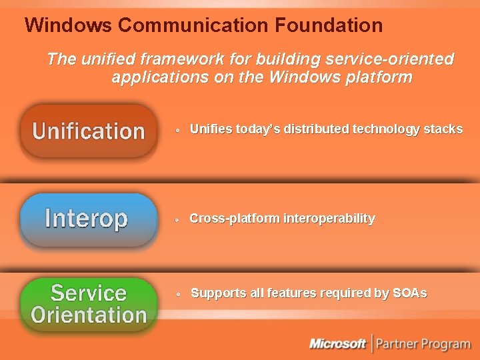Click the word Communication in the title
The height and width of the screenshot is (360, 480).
click(x=193, y=25)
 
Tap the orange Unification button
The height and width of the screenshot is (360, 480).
click(x=88, y=131)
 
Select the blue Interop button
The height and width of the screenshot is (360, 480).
click(x=87, y=219)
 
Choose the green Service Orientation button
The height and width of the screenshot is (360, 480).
click(x=88, y=303)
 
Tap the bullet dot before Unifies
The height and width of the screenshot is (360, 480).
click(x=178, y=131)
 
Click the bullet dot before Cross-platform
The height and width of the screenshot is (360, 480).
click(x=178, y=220)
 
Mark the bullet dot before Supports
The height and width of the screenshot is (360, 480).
click(x=178, y=295)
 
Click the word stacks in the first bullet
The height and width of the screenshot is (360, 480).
click(x=443, y=129)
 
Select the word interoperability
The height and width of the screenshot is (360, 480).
click(x=329, y=219)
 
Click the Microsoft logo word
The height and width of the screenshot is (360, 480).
click(x=338, y=344)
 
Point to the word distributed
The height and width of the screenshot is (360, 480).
click(x=316, y=129)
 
